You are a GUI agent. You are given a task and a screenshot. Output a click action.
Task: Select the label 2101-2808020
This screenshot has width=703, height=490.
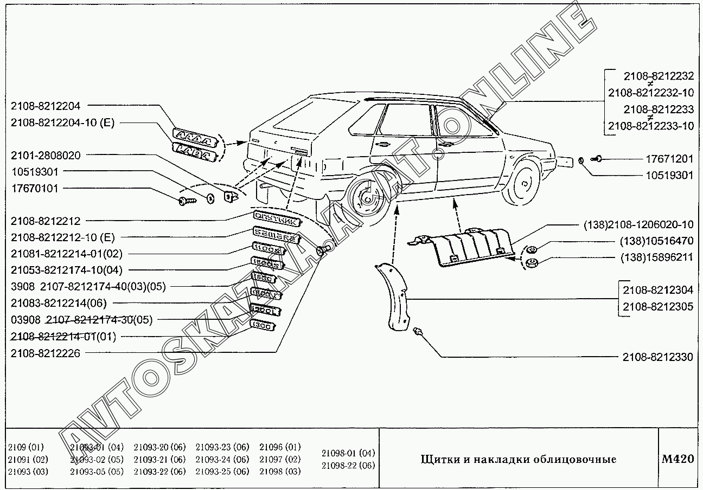(46, 156)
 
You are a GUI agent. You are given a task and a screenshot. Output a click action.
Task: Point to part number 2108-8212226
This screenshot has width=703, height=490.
(46, 353)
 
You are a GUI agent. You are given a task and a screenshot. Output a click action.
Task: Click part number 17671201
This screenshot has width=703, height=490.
(669, 159)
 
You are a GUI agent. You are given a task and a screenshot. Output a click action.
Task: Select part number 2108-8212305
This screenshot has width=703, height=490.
(657, 307)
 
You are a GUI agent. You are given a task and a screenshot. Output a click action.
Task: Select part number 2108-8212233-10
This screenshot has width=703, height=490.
(651, 126)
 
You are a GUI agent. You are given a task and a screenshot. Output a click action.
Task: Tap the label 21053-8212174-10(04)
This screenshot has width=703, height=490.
(67, 269)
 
